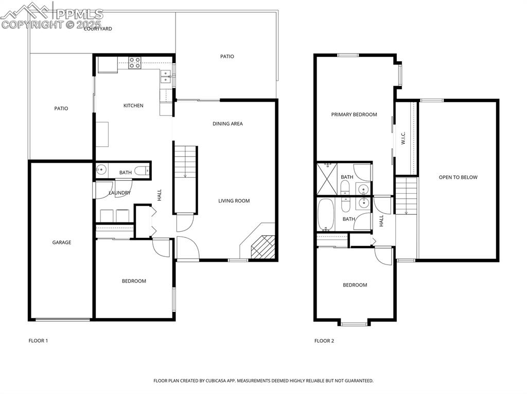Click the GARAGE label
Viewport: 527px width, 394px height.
pos(61,242)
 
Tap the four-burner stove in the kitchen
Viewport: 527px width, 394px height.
pos(135,63)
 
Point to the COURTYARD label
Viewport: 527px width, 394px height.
pos(98,29)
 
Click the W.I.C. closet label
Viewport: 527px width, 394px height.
pos(403,138)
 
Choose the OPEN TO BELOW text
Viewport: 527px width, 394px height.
pos(458,177)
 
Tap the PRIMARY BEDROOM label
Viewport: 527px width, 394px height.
pos(354,115)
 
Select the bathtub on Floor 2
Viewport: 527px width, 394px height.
pos(326,214)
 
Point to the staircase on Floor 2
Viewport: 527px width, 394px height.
pos(406,195)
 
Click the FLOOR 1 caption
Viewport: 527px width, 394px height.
pos(38,341)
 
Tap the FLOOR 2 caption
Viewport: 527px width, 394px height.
pos(324,341)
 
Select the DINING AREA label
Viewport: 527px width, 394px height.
pos(227,124)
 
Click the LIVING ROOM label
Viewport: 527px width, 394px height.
pos(234,201)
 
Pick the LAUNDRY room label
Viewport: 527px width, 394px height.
pos(119,193)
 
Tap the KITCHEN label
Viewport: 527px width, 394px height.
pos(133,106)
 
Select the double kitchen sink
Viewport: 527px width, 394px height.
pos(166,77)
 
